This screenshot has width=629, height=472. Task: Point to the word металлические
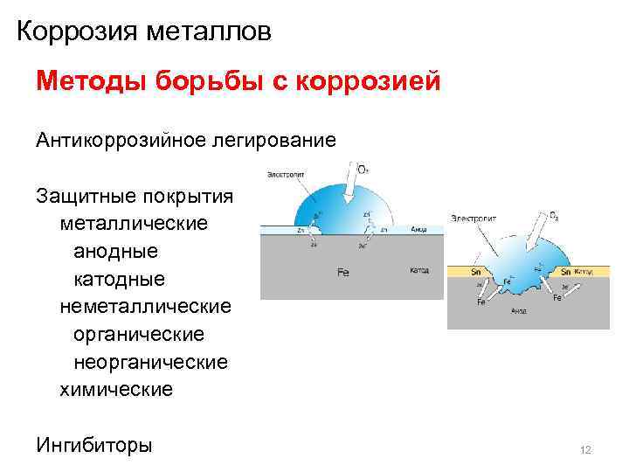pyautogui.click(x=134, y=223)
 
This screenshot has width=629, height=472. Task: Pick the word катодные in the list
pyautogui.click(x=119, y=279)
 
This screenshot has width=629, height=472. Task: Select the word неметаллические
pyautogui.click(x=145, y=306)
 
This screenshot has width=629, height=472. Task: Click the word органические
pyautogui.click(x=139, y=334)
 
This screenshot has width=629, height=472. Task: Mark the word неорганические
pyautogui.click(x=150, y=362)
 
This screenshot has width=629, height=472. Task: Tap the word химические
pyautogui.click(x=116, y=389)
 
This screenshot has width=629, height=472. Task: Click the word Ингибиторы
pyautogui.click(x=94, y=445)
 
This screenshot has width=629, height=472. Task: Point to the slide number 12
pyautogui.click(x=585, y=450)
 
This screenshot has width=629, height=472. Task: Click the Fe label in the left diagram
pyautogui.click(x=342, y=273)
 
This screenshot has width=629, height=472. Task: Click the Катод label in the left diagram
pyautogui.click(x=419, y=270)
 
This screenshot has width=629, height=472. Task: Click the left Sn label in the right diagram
pyautogui.click(x=476, y=272)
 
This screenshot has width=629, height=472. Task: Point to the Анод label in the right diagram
pyautogui.click(x=518, y=310)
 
